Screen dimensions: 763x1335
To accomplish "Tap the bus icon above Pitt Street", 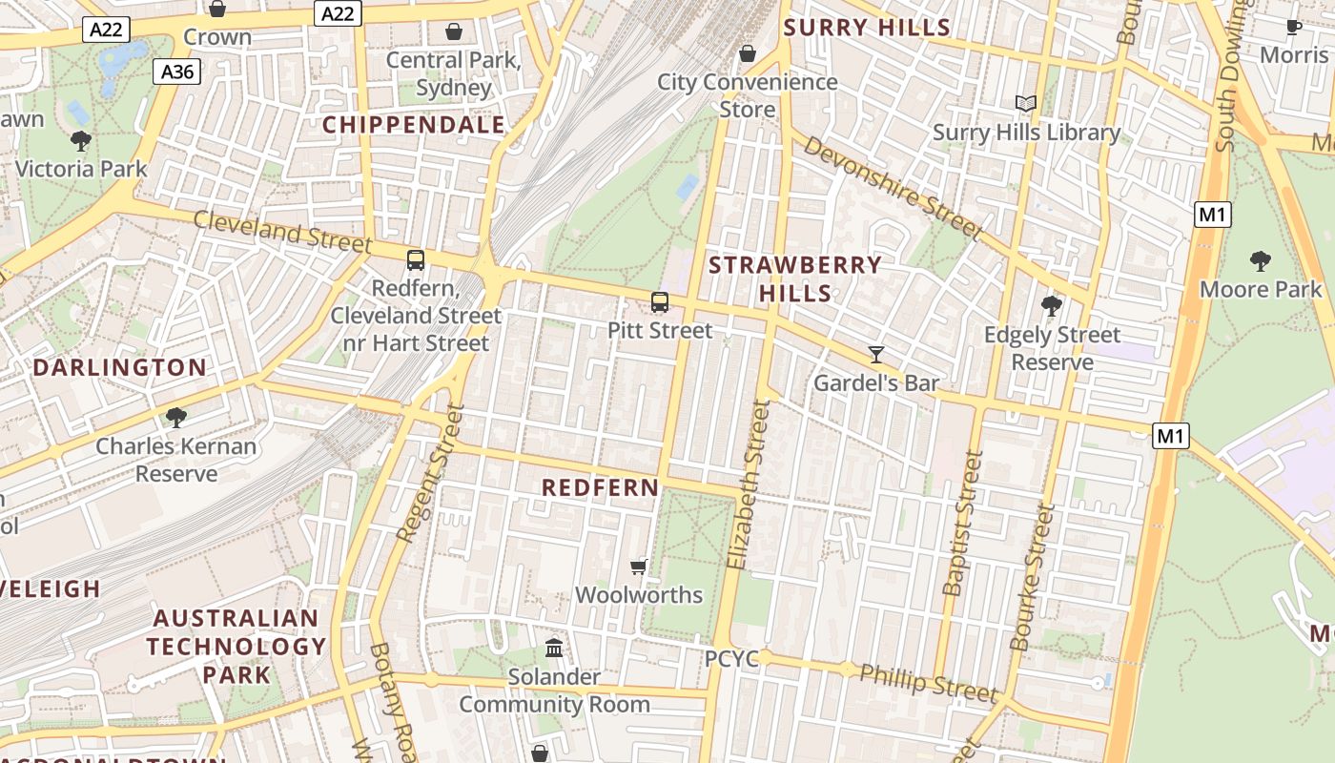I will [659, 303].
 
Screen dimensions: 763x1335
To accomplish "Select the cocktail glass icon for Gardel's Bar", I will [876, 355].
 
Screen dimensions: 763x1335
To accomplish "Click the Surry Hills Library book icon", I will [1026, 104].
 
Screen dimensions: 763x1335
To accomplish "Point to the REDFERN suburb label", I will [600, 487].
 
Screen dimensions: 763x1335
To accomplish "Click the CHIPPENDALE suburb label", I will [414, 125].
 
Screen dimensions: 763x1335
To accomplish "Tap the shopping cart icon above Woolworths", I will [639, 567].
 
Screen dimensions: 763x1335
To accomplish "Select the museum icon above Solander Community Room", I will [553, 649].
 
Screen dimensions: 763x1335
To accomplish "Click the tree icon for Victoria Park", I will [81, 141].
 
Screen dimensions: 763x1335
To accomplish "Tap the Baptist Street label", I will [963, 523].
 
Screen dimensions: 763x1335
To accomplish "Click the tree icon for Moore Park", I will [1261, 260].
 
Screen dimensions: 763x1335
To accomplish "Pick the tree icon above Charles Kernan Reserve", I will [175, 417].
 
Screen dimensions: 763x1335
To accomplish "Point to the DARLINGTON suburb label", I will [120, 367].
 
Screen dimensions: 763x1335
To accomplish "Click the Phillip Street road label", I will [928, 682].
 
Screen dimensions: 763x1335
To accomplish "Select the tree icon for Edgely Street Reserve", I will [1052, 306].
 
